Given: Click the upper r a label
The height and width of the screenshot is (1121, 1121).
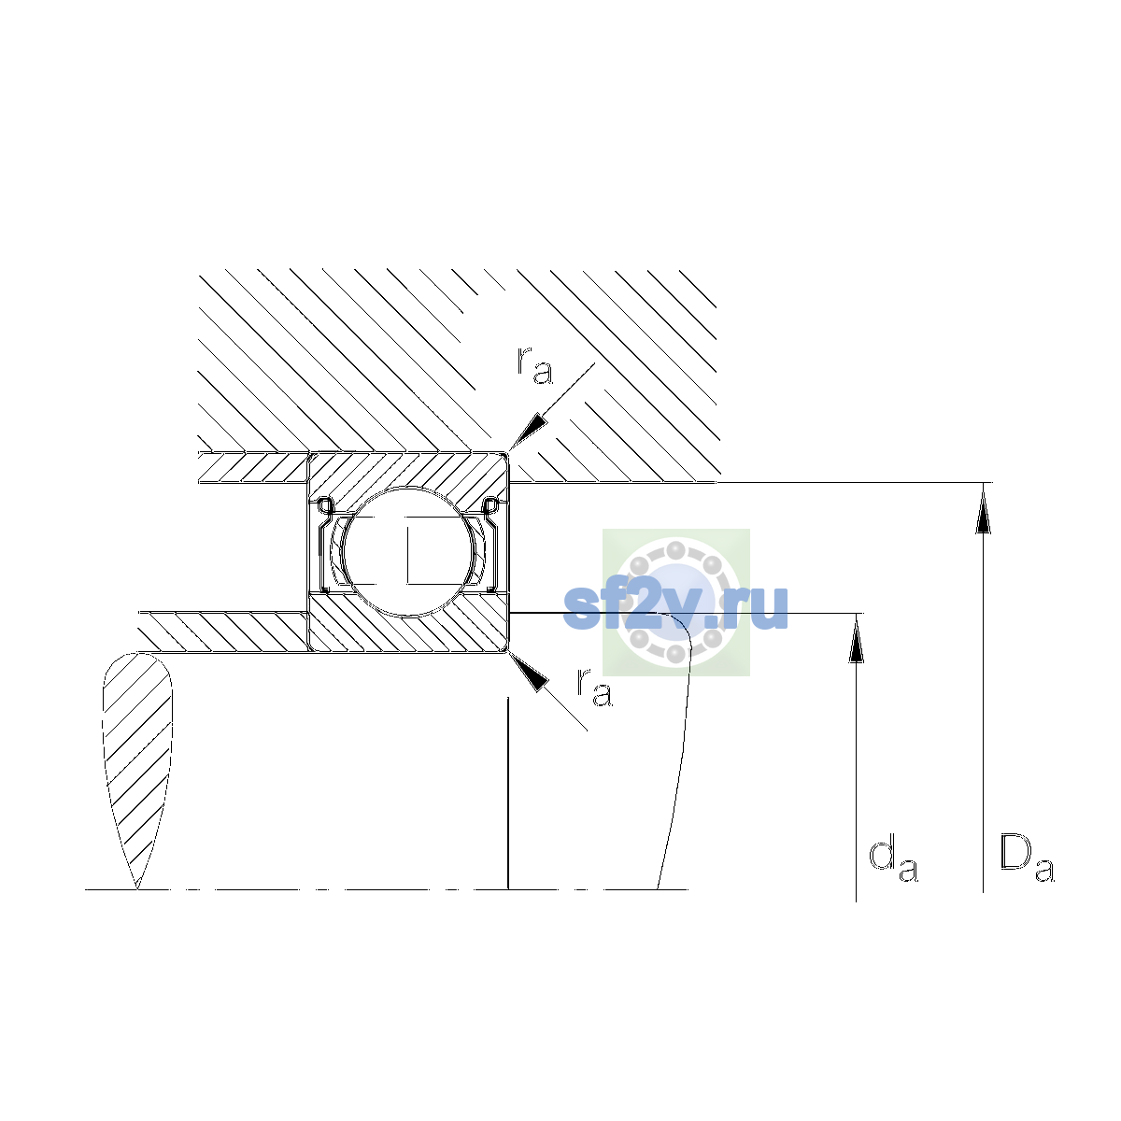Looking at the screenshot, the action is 534,366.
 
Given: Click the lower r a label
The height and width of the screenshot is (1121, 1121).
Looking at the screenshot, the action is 594,688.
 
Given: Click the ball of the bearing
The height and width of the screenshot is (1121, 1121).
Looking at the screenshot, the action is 408,551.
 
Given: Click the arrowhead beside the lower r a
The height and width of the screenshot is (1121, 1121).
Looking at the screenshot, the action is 528,672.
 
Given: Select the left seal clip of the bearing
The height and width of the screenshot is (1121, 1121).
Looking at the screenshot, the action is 323,544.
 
